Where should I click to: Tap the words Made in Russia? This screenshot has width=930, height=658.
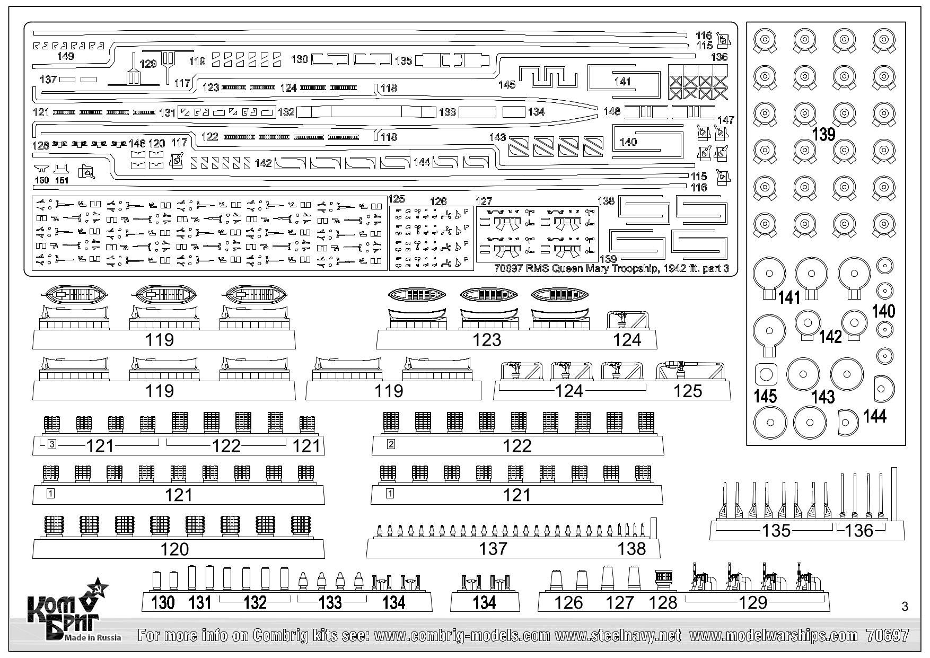[x=93, y=637]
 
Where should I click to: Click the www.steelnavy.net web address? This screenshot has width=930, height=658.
[x=617, y=635]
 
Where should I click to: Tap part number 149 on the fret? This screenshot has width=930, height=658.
[x=65, y=56]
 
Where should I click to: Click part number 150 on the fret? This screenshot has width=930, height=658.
[x=41, y=180]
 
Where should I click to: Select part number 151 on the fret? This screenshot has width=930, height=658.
[x=62, y=180]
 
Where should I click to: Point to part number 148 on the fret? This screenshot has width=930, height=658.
[x=612, y=111]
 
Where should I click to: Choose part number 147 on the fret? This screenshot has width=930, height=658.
[x=725, y=120]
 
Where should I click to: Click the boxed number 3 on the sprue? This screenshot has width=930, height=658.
[x=51, y=444]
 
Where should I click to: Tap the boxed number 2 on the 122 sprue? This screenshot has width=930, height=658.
[x=391, y=444]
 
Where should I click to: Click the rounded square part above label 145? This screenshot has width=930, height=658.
[x=765, y=375]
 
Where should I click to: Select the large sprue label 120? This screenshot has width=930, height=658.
[x=174, y=549]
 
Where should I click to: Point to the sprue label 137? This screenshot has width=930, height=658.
[x=493, y=549]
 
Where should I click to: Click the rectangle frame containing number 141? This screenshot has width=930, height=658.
[x=624, y=81]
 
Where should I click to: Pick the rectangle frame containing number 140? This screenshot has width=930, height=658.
[x=647, y=142]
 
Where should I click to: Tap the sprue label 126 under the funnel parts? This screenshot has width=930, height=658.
[x=568, y=602]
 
